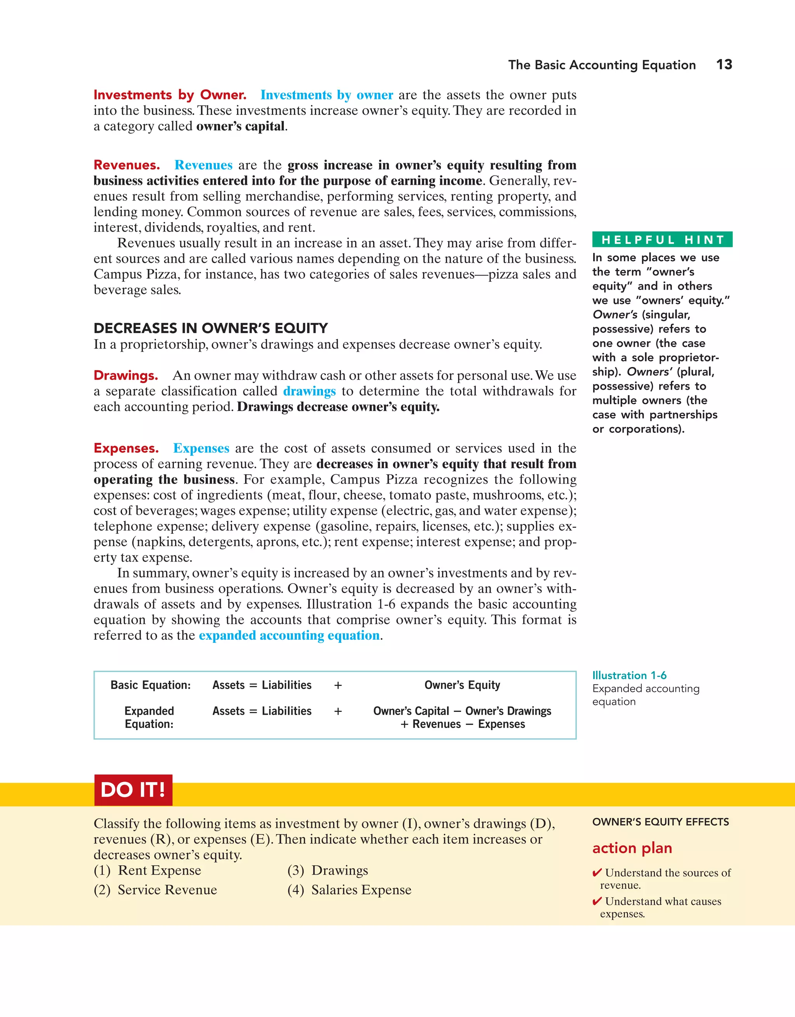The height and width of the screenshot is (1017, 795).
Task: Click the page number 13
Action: click(724, 64)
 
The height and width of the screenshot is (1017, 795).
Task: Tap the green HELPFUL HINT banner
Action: click(662, 239)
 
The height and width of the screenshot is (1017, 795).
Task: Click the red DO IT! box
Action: click(133, 790)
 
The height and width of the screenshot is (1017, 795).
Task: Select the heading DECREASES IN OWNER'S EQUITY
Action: click(210, 328)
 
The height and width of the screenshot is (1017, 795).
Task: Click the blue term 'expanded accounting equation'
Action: click(289, 636)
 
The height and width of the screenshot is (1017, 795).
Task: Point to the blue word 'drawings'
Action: click(309, 391)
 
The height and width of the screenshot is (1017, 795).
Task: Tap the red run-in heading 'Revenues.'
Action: click(127, 165)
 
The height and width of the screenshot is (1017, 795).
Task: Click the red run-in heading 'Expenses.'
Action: click(126, 448)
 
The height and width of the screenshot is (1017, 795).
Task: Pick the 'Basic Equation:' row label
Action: click(151, 685)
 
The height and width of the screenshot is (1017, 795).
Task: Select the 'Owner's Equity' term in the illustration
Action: click(462, 685)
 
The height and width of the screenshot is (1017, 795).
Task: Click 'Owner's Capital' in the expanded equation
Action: click(411, 711)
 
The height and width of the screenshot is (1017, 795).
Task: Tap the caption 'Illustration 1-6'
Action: click(629, 675)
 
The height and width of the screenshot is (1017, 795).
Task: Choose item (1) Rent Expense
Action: click(148, 870)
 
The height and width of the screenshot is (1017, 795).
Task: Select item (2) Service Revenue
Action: click(156, 890)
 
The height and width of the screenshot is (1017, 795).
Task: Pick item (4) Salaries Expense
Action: click(349, 890)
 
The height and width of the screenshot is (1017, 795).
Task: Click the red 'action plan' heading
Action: click(632, 848)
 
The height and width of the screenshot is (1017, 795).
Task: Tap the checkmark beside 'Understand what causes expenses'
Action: click(597, 901)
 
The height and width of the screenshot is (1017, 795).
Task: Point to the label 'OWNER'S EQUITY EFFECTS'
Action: click(660, 822)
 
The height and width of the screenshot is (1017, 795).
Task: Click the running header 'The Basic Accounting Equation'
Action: click(602, 65)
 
